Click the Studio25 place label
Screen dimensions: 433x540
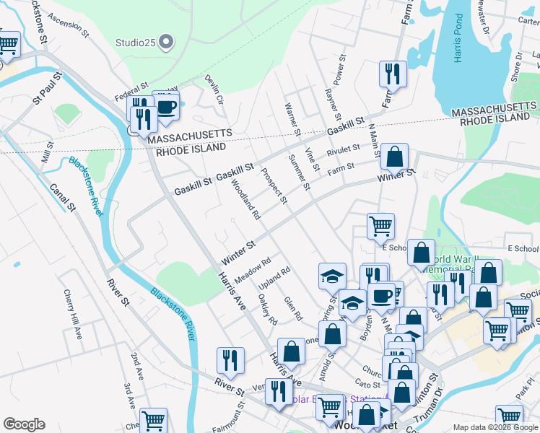coord(135,42)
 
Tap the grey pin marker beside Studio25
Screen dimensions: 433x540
coord(167,42)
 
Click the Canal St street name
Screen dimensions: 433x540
coord(63,197)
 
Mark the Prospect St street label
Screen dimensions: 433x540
coord(274,186)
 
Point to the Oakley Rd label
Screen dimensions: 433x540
coord(267,312)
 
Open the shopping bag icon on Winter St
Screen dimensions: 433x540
coord(395,156)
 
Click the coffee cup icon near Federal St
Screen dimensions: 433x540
coord(166,108)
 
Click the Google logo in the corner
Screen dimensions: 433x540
coord(24,424)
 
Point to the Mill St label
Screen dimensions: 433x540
coord(48,153)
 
